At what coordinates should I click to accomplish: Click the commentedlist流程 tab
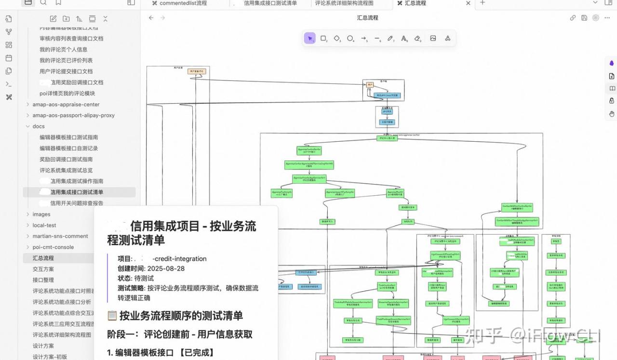pyautogui.click(x=183, y=3)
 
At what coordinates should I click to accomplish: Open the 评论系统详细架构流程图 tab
pyautogui.click(x=344, y=3)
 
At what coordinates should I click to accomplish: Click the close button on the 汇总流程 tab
pyautogui.click(x=468, y=3)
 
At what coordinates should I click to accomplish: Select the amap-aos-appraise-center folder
pyautogui.click(x=66, y=105)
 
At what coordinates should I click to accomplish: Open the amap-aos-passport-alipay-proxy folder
pyautogui.click(x=73, y=116)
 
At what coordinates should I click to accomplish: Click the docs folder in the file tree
pyautogui.click(x=39, y=126)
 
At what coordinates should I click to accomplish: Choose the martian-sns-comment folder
pyautogui.click(x=60, y=236)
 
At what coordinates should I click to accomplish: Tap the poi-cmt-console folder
pyautogui.click(x=53, y=247)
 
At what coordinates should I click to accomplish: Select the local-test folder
pyautogui.click(x=44, y=226)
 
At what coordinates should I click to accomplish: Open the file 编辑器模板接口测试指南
pyautogui.click(x=68, y=137)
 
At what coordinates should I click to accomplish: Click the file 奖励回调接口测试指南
pyautogui.click(x=66, y=160)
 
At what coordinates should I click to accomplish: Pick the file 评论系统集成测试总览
pyautogui.click(x=66, y=171)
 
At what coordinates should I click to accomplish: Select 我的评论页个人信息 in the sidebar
pyautogui.click(x=63, y=50)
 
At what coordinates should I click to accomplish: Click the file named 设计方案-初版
pyautogui.click(x=50, y=357)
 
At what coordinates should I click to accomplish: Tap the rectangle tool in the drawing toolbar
pyautogui.click(x=323, y=39)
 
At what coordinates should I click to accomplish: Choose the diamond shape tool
pyautogui.click(x=337, y=39)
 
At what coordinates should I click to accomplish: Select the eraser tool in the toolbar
pyautogui.click(x=417, y=39)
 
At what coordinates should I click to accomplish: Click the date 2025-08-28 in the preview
pyautogui.click(x=166, y=268)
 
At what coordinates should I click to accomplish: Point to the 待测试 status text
pyautogui.click(x=144, y=278)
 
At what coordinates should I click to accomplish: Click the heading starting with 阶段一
pyautogui.click(x=180, y=334)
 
